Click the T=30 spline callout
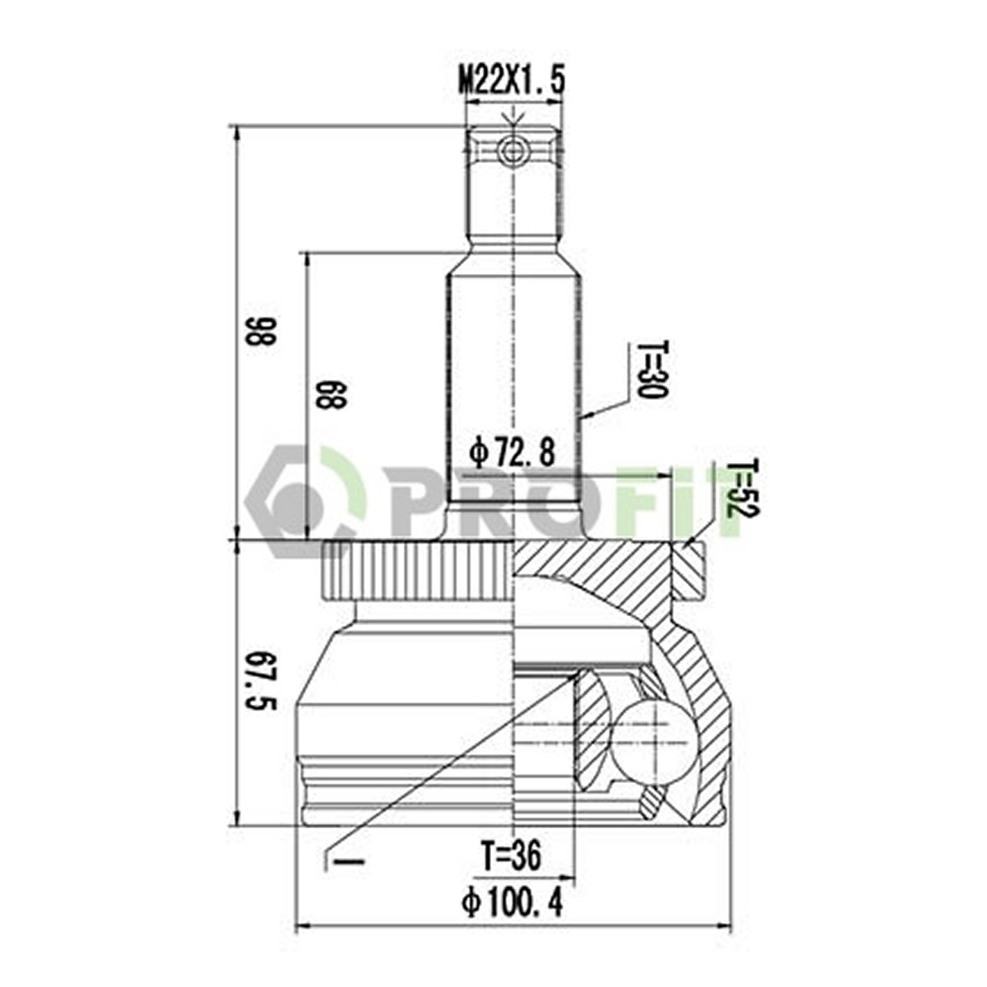coord(651,369)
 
